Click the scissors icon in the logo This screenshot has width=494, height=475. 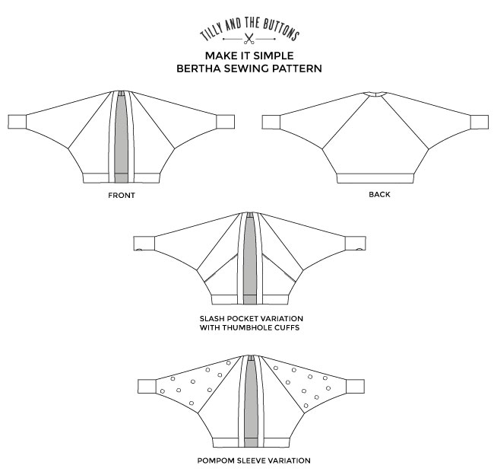[x=249, y=37]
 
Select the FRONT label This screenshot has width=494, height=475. [x=122, y=195]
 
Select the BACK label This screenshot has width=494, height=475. [x=378, y=195]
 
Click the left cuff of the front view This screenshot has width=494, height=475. [x=17, y=121]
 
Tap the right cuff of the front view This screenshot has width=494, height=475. [x=226, y=121]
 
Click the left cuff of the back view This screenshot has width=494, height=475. [x=271, y=121]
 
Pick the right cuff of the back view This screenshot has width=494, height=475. [x=480, y=121]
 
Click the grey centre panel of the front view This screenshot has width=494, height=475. [x=122, y=137]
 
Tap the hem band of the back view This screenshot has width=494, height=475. [x=375, y=177]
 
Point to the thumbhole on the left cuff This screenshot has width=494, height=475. [x=139, y=248]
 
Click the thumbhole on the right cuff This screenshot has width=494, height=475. [x=358, y=248]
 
